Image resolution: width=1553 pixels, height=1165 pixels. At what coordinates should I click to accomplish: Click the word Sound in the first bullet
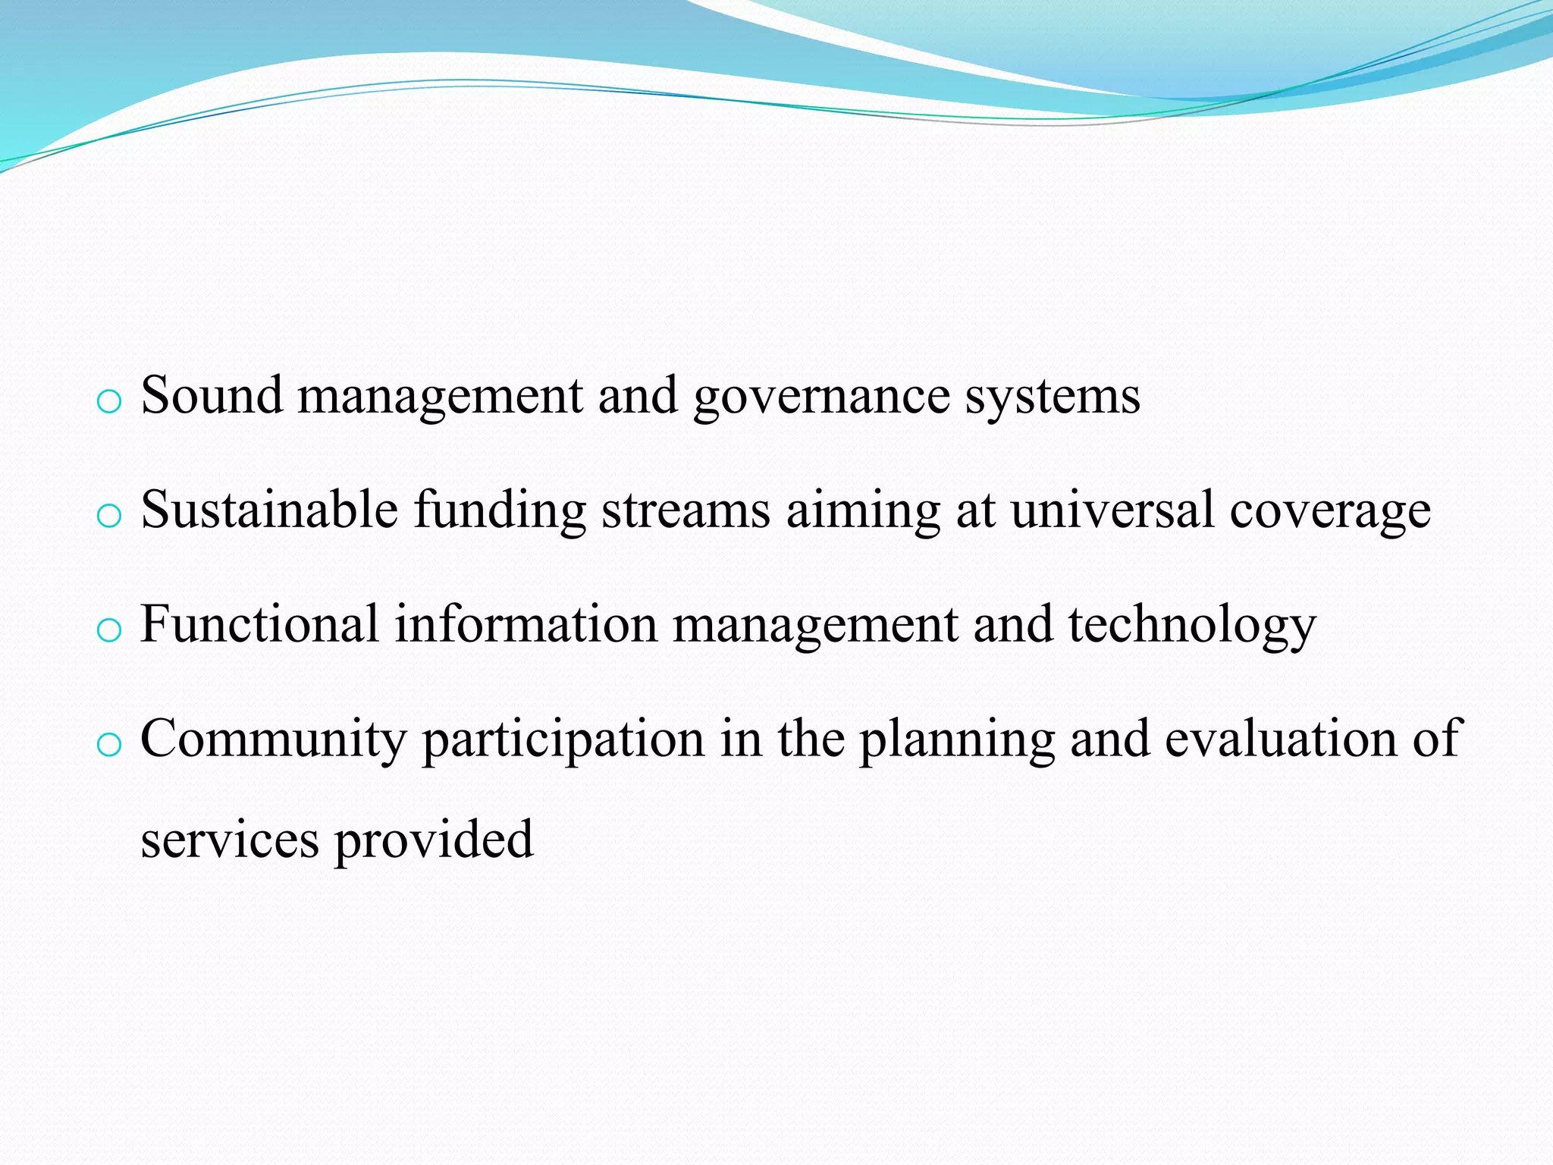(x=212, y=395)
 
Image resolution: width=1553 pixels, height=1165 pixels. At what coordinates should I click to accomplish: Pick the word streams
(x=686, y=510)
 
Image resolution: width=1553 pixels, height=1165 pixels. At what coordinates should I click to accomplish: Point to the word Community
(x=274, y=740)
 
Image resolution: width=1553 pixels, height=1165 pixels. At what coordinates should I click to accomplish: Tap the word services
(x=230, y=840)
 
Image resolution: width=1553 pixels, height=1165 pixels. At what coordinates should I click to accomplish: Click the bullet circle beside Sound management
(x=110, y=402)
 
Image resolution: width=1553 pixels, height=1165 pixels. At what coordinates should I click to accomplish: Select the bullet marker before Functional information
(x=110, y=630)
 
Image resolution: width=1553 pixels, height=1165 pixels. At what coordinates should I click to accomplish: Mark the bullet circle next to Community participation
(x=110, y=745)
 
